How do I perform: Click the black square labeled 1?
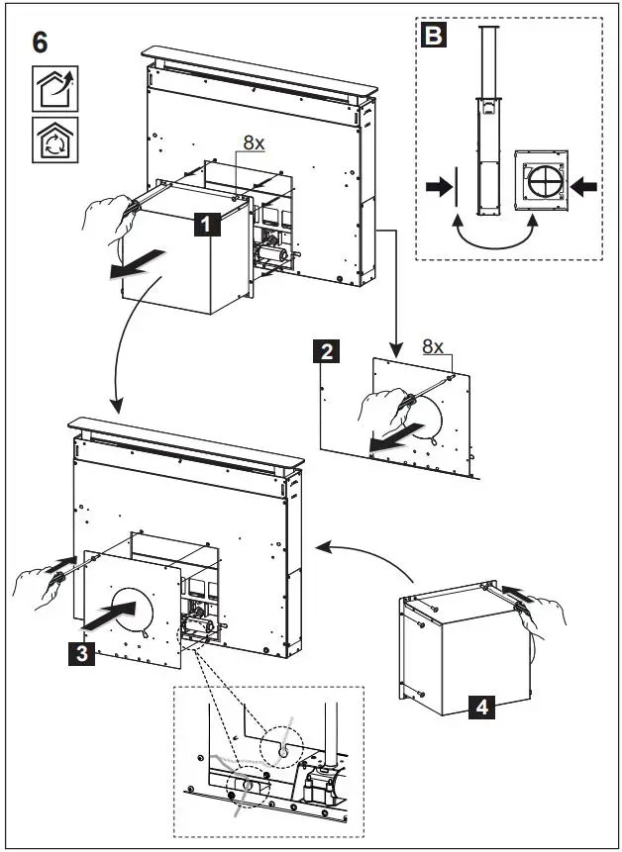coord(205,227)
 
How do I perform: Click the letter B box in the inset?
coord(433,38)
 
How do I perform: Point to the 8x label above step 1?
coord(254,142)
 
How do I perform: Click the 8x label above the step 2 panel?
coord(434,346)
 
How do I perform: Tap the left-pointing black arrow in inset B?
coord(584,184)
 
